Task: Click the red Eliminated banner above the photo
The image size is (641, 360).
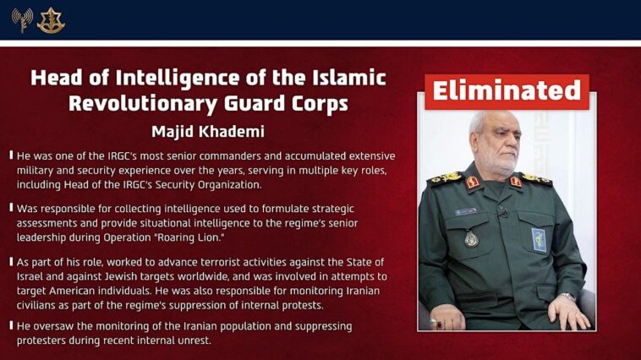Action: (x=507, y=90)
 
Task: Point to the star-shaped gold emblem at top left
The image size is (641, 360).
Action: (x=51, y=19)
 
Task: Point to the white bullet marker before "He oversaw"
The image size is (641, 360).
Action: (x=11, y=326)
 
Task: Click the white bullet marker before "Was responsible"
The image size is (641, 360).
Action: (x=11, y=208)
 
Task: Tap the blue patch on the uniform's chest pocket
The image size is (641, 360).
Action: (x=539, y=239)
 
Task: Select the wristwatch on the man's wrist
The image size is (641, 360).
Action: (x=567, y=297)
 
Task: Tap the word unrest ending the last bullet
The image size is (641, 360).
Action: (x=191, y=341)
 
